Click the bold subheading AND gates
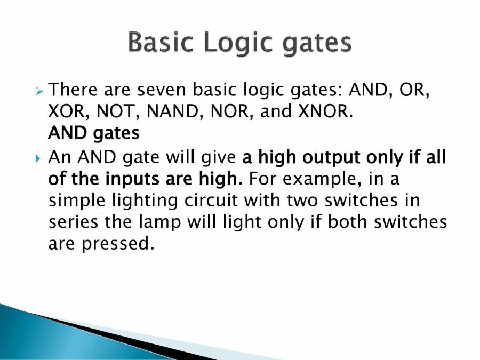[94, 133]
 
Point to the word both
[350, 222]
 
